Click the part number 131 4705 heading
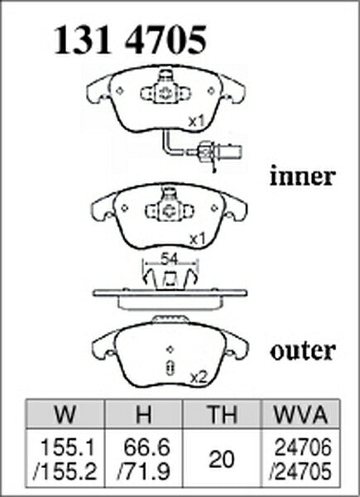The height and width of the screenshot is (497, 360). tap(130, 41)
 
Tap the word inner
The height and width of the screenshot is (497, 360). tap(302, 176)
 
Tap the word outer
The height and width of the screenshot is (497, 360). tap(303, 351)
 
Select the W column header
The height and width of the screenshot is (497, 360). tap(65, 414)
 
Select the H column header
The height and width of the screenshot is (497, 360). tap(143, 414)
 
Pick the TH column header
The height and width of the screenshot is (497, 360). tap(222, 414)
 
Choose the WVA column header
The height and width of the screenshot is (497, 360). tap(300, 414)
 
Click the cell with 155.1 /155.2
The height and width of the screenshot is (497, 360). tap(65, 459)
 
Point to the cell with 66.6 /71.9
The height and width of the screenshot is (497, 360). tap(143, 459)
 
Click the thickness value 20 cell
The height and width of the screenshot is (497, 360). tap(222, 459)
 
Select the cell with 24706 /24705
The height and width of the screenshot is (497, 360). tap(300, 459)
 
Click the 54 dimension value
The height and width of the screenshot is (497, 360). tap(169, 259)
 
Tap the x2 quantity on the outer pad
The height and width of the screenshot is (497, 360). tap(198, 377)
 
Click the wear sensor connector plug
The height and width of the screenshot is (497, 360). tap(218, 152)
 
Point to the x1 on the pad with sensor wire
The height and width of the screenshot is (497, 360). tap(196, 122)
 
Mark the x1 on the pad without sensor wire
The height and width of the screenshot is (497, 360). tap(197, 239)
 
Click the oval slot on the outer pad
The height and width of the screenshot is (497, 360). tap(170, 368)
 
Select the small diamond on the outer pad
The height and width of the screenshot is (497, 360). tap(170, 349)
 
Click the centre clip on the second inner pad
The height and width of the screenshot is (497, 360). tap(170, 209)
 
